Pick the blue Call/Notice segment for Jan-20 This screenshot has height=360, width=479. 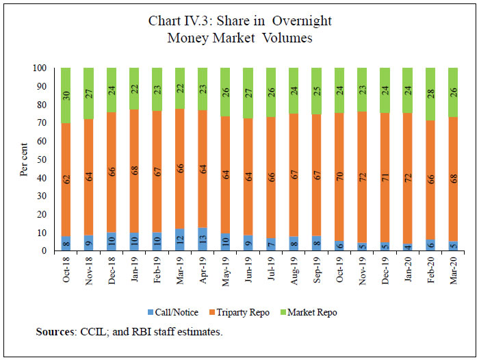point(408,248)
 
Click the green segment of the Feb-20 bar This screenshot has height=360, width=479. point(430,94)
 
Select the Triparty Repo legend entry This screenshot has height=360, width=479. point(243,312)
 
